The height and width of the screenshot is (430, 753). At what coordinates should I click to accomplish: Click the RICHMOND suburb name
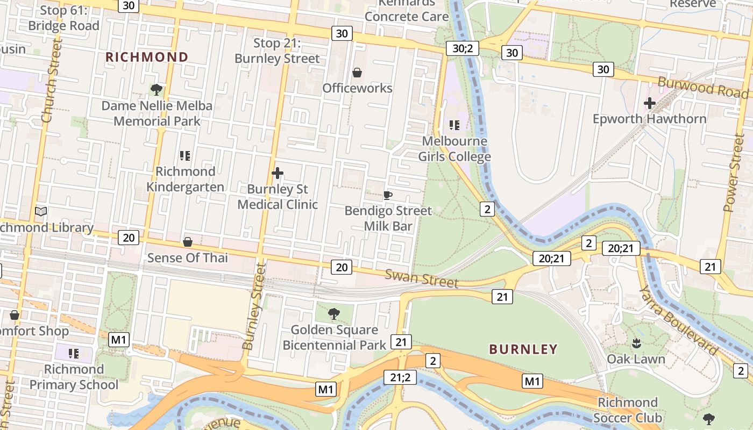click(x=147, y=57)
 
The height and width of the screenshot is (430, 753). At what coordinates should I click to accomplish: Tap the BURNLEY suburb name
click(x=523, y=349)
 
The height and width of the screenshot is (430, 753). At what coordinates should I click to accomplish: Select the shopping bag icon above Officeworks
click(x=357, y=72)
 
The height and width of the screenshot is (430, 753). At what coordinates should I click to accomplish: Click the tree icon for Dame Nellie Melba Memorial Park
click(x=157, y=89)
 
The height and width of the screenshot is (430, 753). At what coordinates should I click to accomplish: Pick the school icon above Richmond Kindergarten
click(x=185, y=156)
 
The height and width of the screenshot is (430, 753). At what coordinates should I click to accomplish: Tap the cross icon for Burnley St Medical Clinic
click(x=278, y=173)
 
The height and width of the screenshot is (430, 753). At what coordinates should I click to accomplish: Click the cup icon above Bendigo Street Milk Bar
click(x=388, y=195)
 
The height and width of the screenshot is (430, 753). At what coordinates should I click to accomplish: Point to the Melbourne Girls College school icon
click(x=454, y=125)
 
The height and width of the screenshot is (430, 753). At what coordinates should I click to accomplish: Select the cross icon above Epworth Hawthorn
click(x=650, y=103)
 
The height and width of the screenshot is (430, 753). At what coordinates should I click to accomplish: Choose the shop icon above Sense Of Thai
click(x=188, y=242)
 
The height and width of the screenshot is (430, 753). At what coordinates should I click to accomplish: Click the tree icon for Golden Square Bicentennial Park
click(x=334, y=313)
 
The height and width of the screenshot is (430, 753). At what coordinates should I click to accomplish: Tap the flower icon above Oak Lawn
click(x=636, y=342)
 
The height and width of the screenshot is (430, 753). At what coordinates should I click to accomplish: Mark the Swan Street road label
click(x=422, y=279)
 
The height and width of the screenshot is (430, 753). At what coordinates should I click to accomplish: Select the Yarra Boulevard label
click(x=678, y=320)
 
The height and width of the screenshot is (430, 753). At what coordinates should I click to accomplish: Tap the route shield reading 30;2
click(x=463, y=49)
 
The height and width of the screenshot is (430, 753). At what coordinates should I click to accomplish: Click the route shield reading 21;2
click(x=400, y=377)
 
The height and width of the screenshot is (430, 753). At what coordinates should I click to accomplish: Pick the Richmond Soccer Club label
click(x=627, y=410)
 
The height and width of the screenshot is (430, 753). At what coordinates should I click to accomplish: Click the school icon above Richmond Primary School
click(x=74, y=353)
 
